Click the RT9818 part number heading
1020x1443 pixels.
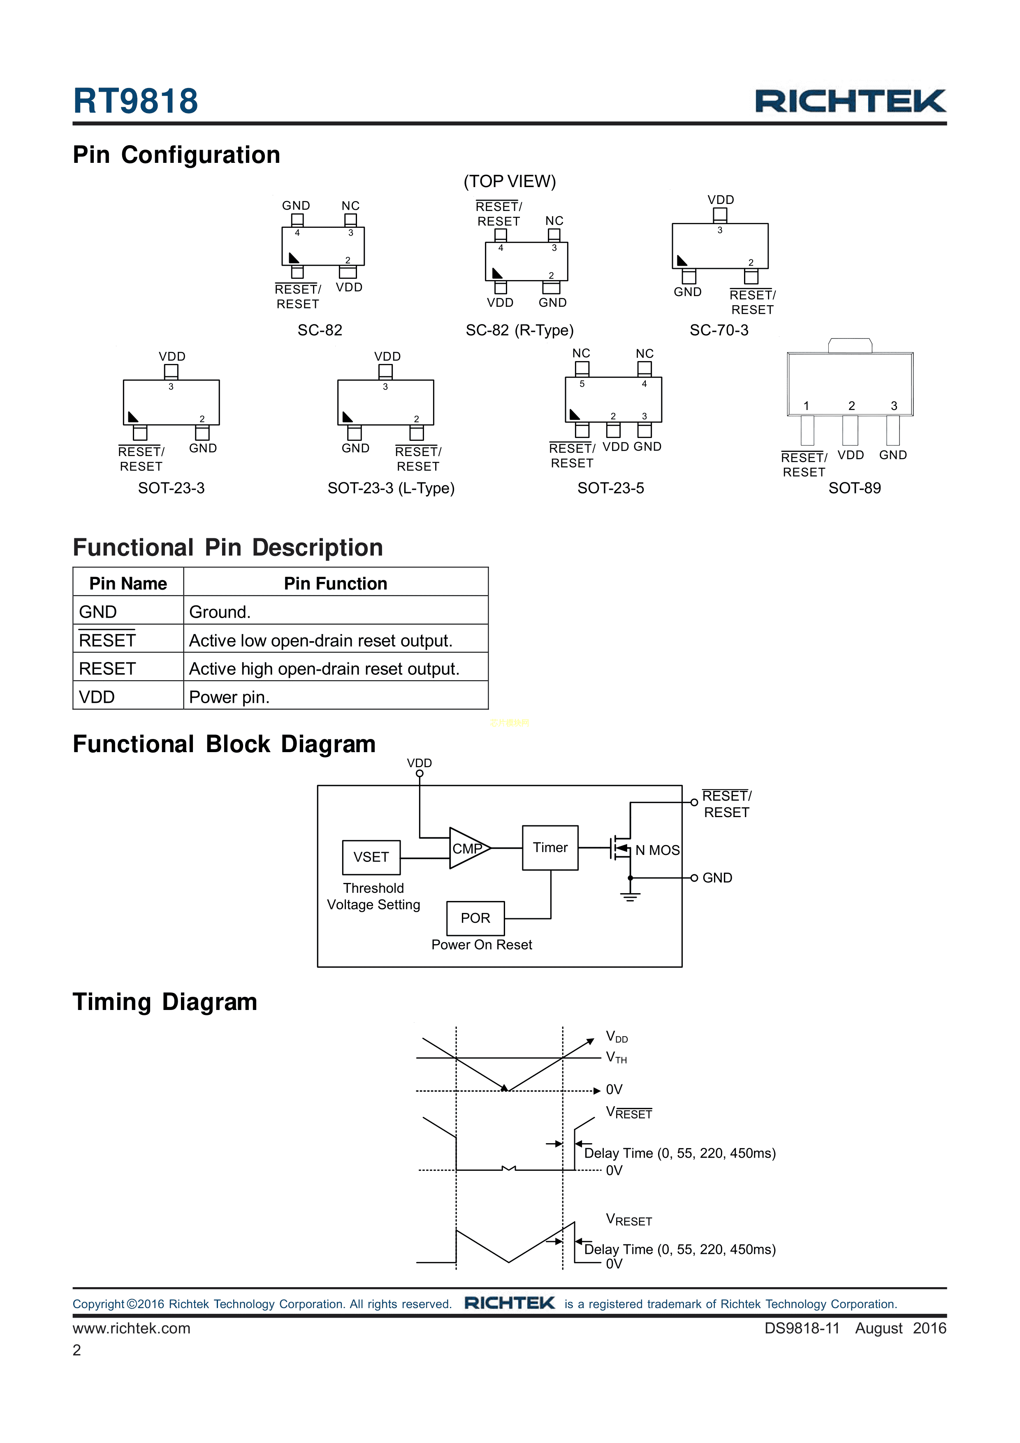135,101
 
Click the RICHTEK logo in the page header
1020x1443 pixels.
850,101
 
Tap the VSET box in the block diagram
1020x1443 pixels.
371,857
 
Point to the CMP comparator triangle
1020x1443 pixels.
466,848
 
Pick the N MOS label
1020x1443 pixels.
657,850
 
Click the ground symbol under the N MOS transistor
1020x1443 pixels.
630,897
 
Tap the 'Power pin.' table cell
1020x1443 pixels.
229,697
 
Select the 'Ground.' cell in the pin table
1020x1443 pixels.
220,612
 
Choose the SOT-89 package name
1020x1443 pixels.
854,488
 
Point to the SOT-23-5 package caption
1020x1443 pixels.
610,488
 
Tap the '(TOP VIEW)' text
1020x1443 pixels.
510,182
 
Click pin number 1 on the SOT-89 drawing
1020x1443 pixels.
806,406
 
